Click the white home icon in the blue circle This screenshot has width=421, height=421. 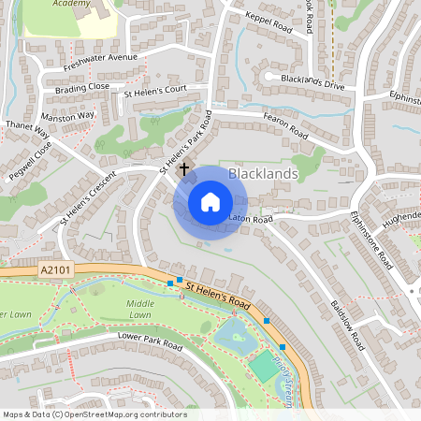click(210, 201)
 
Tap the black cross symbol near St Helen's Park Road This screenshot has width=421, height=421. click(184, 168)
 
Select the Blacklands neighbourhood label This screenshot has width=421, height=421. click(263, 173)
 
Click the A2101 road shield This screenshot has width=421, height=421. click(56, 270)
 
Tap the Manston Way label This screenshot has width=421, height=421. click(68, 115)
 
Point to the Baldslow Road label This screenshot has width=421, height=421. click(345, 325)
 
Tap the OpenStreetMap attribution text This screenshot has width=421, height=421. click(94, 414)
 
